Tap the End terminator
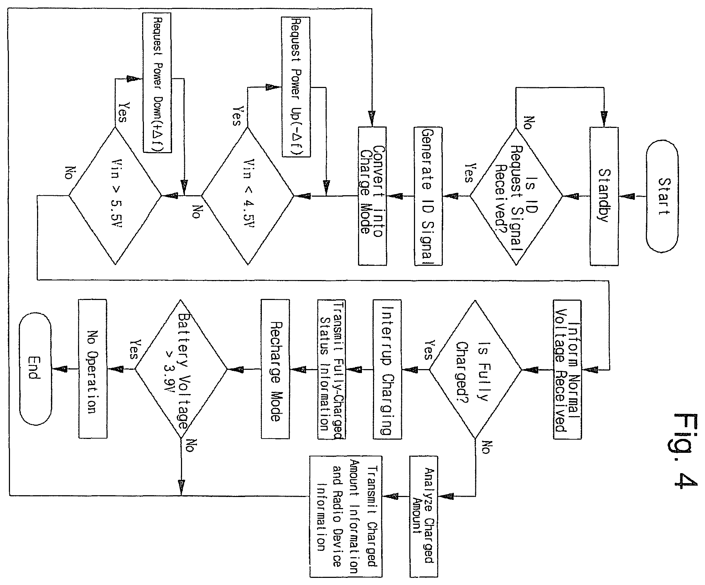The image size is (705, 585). coord(35,369)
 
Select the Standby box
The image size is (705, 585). coord(604,196)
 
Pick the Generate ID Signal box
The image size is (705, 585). coord(428,196)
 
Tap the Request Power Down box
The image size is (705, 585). coord(157,83)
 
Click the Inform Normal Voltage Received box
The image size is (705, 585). coord(567,369)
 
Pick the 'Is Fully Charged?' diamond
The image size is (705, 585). coord(475,369)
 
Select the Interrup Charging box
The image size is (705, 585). coord(387,369)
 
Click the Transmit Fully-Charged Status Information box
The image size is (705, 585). coord(332,369)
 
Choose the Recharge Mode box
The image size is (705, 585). coord(275,369)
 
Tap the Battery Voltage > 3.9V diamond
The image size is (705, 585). coord(181,369)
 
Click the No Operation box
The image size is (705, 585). coord(92,369)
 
